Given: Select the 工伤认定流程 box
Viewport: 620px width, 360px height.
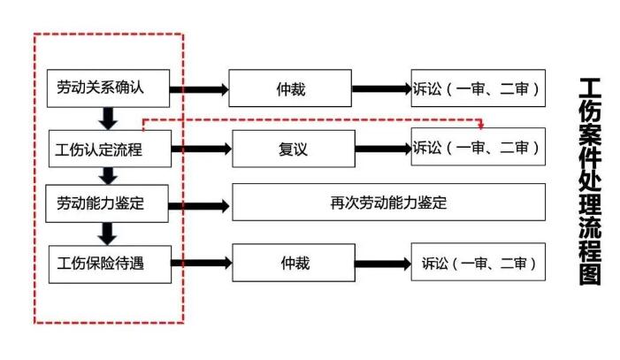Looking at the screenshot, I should [x=109, y=149].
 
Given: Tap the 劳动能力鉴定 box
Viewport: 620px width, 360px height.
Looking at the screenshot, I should [x=109, y=203].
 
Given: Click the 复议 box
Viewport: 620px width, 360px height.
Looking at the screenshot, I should [x=292, y=149].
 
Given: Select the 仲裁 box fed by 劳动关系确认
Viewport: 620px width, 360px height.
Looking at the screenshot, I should [x=290, y=88].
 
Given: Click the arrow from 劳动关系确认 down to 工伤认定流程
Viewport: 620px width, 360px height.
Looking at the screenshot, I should [x=109, y=119].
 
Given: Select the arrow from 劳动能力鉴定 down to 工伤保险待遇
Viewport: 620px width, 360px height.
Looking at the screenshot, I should [x=109, y=234].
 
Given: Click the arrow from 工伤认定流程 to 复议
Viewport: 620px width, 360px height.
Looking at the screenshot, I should [x=201, y=149].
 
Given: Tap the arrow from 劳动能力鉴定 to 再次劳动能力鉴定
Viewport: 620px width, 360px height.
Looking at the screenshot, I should [x=201, y=203].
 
